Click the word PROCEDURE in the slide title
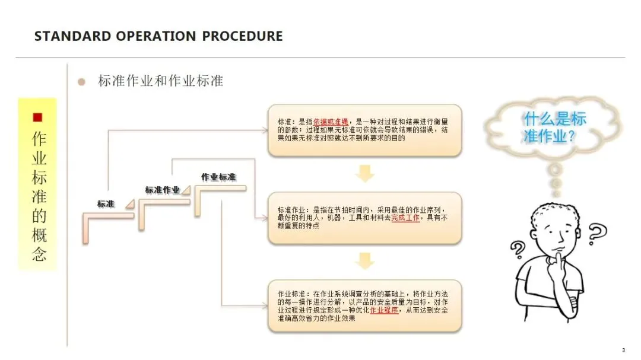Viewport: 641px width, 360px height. (242, 36)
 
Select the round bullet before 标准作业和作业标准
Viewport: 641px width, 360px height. (82, 81)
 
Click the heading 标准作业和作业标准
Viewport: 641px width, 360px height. (160, 81)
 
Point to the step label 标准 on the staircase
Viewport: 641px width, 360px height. (106, 204)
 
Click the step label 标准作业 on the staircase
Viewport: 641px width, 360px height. (162, 190)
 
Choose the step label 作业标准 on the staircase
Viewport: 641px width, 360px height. (218, 177)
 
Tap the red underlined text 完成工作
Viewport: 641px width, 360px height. (405, 218)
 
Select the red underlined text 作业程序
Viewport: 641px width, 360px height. (384, 310)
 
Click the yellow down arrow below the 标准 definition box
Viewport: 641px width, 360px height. (365, 174)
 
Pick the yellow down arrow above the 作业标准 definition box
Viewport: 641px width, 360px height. (365, 261)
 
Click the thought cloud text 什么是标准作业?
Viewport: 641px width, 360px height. (554, 128)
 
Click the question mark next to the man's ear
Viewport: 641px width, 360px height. (597, 232)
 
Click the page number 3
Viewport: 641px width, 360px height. (623, 350)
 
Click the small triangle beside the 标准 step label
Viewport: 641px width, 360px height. (129, 204)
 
